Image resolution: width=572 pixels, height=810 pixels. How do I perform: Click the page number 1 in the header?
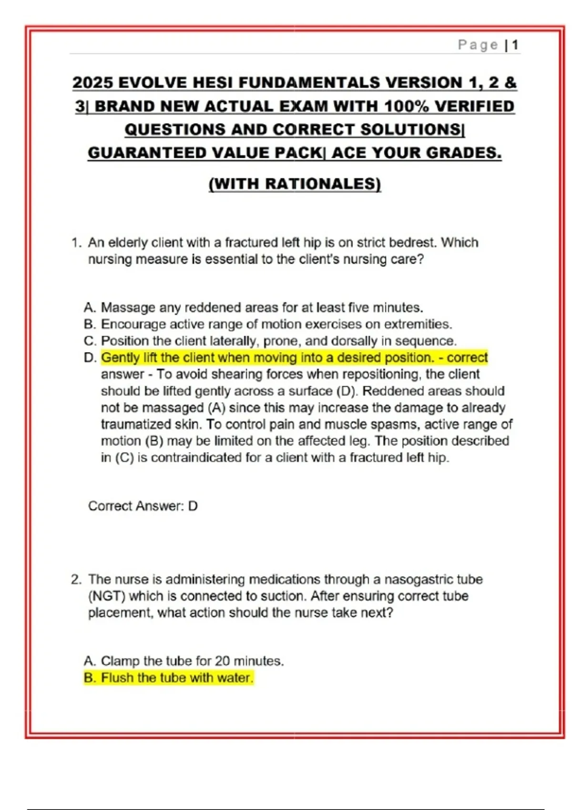pyautogui.click(x=515, y=45)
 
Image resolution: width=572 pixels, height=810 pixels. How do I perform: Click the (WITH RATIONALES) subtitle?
pyautogui.click(x=295, y=184)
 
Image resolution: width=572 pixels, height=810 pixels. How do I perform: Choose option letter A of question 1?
pyautogui.click(x=89, y=308)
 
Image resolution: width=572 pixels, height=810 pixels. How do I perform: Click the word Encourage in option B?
pyautogui.click(x=133, y=324)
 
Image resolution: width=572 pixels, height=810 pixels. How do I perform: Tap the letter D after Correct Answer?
pyautogui.click(x=193, y=506)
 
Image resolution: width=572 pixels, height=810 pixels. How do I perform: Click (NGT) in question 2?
pyautogui.click(x=106, y=597)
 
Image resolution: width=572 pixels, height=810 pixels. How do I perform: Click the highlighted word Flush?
pyautogui.click(x=117, y=678)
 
